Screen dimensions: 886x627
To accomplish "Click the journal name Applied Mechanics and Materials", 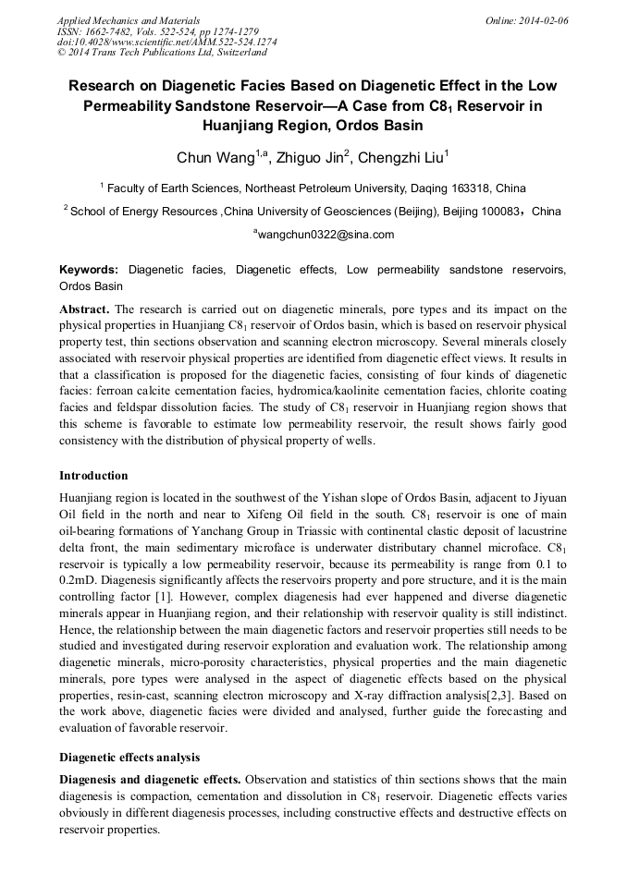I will point(128,20).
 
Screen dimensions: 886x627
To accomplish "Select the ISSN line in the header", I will point(157,31).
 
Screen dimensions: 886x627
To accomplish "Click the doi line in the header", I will point(166,42).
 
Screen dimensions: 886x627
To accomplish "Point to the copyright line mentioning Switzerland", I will point(162,53).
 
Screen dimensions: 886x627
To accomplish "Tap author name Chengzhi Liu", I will point(402,158).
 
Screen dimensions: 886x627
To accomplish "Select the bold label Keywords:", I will point(89,270).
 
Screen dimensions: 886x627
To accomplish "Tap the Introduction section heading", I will point(93,476).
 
